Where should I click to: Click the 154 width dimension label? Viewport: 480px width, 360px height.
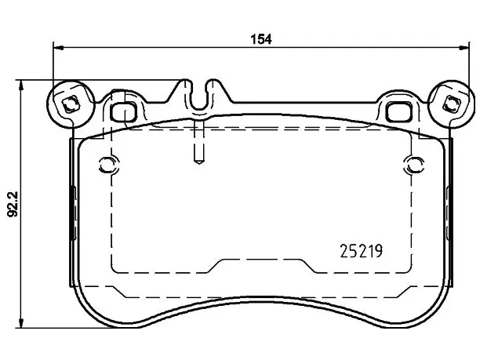pos(261,39)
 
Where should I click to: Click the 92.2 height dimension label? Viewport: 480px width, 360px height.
pos(13,204)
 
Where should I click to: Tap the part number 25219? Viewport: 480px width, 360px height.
pos(362,251)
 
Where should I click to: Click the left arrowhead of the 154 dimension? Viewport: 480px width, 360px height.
pos(58,48)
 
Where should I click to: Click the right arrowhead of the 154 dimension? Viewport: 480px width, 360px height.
pos(464,48)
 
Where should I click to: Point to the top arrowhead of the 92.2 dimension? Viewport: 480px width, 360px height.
pos(20,85)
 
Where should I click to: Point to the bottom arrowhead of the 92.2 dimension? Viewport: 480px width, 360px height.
pos(20,322)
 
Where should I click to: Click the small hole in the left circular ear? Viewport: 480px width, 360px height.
pos(71,104)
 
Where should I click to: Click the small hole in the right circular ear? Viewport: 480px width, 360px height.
pos(451,104)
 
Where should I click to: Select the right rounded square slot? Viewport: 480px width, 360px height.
pos(398,111)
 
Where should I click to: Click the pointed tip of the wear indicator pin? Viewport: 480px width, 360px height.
pos(199,163)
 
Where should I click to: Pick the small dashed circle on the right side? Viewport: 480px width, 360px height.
pos(414,165)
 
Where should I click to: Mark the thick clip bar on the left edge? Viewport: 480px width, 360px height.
pos(73,213)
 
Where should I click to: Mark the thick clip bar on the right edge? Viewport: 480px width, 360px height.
pos(449,213)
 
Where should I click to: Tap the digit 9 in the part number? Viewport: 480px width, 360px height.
pos(379,251)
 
